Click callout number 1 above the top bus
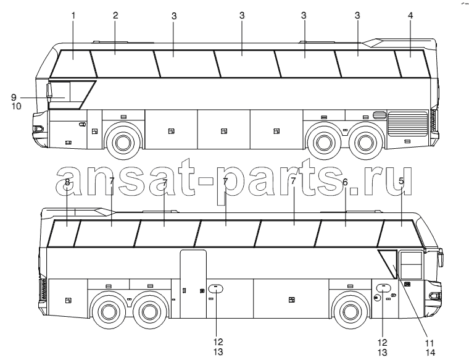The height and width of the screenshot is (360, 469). [73, 15]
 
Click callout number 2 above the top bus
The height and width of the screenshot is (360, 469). [115, 15]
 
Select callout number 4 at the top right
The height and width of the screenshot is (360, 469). [410, 15]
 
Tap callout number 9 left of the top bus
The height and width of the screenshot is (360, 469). [14, 98]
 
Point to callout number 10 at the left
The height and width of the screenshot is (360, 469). [17, 106]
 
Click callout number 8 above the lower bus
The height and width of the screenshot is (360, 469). [67, 182]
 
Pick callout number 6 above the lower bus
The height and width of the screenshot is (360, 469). [346, 182]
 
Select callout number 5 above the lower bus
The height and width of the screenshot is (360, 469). [401, 181]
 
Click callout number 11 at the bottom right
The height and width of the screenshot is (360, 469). [430, 343]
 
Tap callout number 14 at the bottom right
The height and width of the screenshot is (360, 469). [430, 353]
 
